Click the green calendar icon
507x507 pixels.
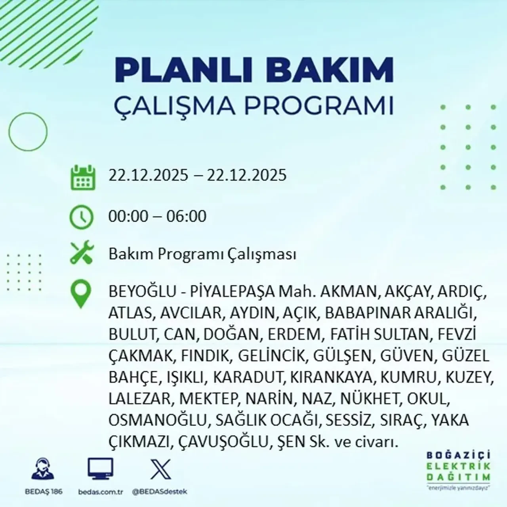pos(83,178)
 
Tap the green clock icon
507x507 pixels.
pos(81,217)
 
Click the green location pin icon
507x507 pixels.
pos(80,294)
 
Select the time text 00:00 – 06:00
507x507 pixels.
pos(157,216)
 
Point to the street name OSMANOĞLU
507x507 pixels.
pos(158,420)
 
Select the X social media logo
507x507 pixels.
pos(160,469)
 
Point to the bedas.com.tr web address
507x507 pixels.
pos(101,492)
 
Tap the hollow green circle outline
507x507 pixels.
pos(27,131)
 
